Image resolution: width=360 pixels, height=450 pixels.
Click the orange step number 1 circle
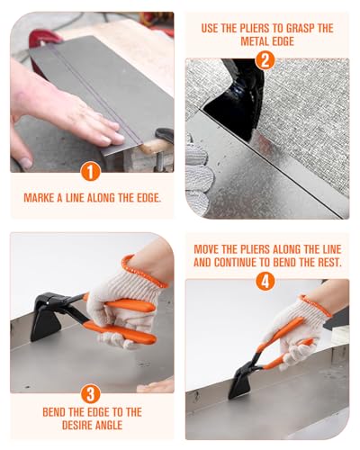(x=90, y=171)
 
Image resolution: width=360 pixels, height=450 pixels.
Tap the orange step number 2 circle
(x=265, y=60)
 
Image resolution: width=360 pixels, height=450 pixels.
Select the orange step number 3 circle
(x=90, y=393)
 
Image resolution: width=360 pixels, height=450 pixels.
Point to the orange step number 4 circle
(x=265, y=281)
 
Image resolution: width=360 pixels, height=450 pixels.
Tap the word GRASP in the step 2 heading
(x=299, y=28)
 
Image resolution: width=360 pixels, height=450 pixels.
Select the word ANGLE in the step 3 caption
(x=112, y=425)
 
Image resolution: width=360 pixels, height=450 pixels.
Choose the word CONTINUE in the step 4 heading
(x=235, y=263)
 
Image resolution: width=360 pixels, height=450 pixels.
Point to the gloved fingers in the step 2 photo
(x=199, y=174)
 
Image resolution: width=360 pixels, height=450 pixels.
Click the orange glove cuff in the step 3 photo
(x=143, y=271)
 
